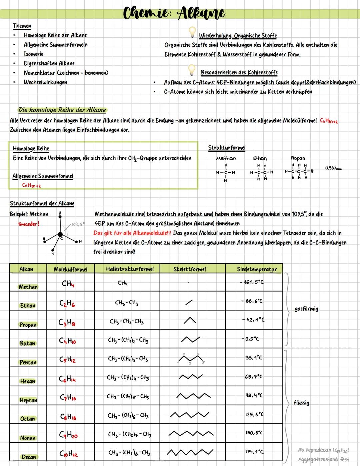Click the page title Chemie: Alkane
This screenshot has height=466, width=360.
click(174, 13)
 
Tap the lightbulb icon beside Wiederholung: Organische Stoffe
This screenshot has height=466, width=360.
click(192, 32)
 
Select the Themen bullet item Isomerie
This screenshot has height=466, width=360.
click(33, 54)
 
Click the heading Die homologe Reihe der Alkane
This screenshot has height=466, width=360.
click(62, 110)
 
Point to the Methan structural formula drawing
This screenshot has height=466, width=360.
click(226, 173)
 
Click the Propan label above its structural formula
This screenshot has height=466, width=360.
click(298, 158)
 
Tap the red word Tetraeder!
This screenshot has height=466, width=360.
click(28, 224)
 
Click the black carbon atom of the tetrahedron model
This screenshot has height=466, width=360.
click(60, 234)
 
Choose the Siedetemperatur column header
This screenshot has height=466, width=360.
click(257, 269)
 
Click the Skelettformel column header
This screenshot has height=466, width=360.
click(190, 269)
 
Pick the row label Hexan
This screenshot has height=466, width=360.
click(28, 381)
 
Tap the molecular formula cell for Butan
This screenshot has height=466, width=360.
click(68, 341)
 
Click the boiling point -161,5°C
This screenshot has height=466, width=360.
click(252, 282)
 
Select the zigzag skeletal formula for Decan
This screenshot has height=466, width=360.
click(190, 453)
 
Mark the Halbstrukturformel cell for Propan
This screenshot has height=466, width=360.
click(127, 322)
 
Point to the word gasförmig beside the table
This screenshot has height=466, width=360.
click(306, 309)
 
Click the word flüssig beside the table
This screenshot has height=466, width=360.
click(301, 403)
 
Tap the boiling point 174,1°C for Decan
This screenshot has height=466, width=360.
click(255, 452)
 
